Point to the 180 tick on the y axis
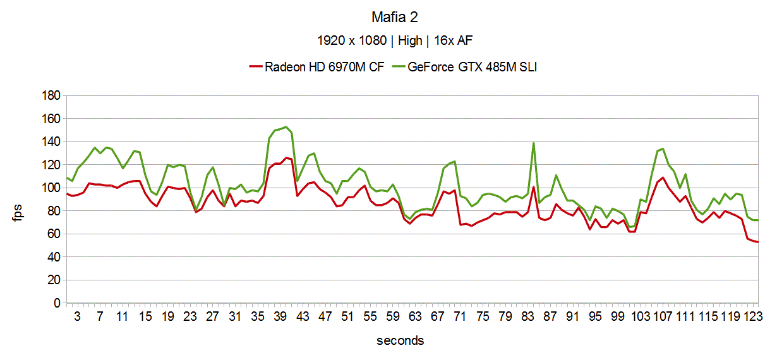[51, 96]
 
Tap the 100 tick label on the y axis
[51, 188]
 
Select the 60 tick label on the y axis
[53, 234]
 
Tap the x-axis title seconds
[401, 341]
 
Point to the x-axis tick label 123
[752, 316]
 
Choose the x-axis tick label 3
[78, 316]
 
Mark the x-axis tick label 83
[528, 316]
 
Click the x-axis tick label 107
[661, 316]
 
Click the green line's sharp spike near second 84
[534, 143]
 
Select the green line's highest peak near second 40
[286, 127]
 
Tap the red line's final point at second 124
[757, 242]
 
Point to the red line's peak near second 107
[663, 177]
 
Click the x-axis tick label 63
[415, 316]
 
